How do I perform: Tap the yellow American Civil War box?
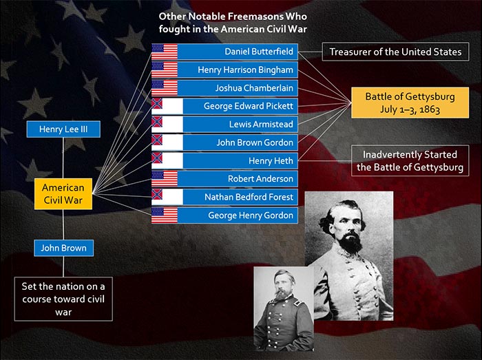pyautogui.click(x=63, y=194)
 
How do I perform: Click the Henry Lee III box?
pyautogui.click(x=63, y=129)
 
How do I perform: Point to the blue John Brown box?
pyautogui.click(x=63, y=248)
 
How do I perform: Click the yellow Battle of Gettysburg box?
pyautogui.click(x=410, y=103)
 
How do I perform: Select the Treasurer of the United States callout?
pyautogui.click(x=396, y=52)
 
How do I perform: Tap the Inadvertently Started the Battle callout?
pyautogui.click(x=410, y=160)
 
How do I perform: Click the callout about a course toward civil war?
pyautogui.click(x=63, y=299)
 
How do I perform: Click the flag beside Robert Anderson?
pyautogui.click(x=165, y=179)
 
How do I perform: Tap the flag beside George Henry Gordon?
pyautogui.click(x=165, y=215)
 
